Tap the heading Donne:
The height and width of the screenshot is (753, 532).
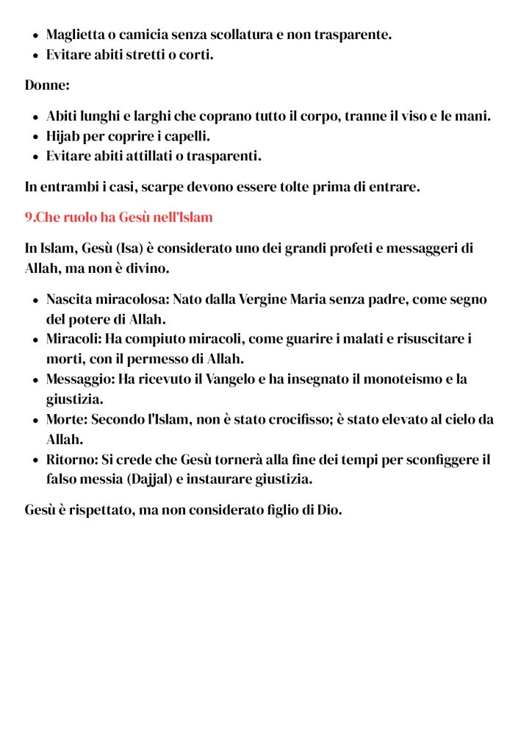point(47,85)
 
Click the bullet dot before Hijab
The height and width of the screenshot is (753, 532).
point(35,137)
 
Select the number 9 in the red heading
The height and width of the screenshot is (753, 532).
point(29,218)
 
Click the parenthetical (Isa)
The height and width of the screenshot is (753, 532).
point(123,248)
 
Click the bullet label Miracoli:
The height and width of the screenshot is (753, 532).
point(73,339)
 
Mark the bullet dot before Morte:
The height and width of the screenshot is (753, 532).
point(35,421)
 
